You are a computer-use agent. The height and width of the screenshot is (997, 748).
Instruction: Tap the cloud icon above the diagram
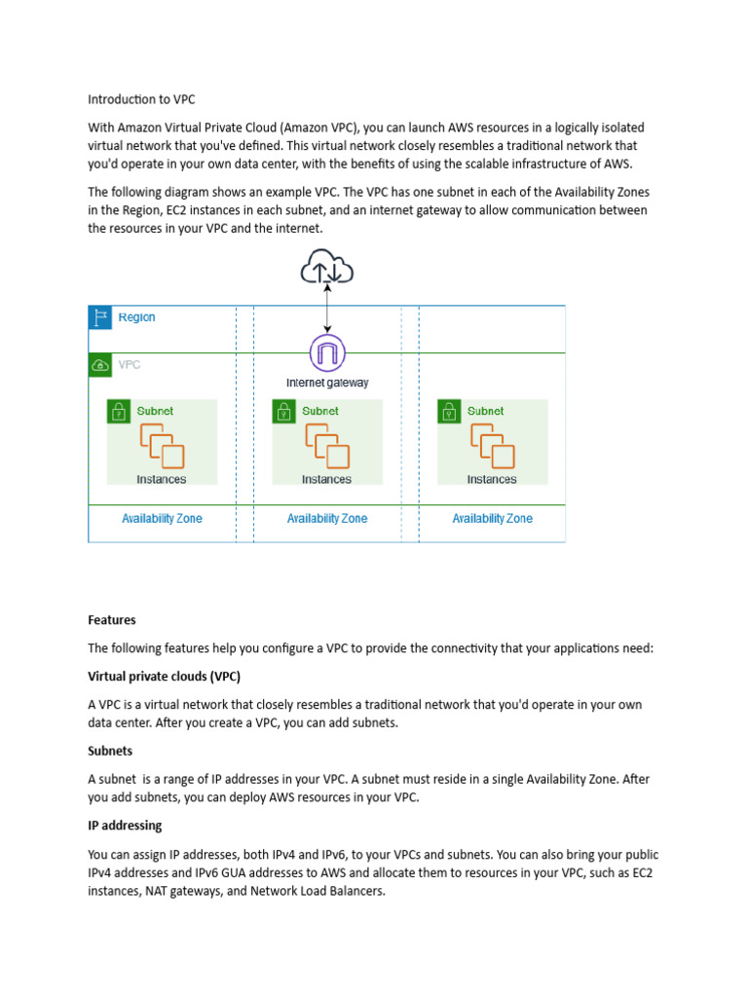(326, 266)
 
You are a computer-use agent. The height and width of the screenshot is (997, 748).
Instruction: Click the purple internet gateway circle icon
(326, 352)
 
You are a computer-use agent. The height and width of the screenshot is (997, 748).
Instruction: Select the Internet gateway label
(327, 383)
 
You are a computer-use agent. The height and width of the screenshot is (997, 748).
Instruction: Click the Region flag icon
(100, 317)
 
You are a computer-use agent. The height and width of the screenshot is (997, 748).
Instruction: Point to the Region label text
(136, 317)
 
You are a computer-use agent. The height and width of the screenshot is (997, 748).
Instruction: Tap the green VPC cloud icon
(100, 365)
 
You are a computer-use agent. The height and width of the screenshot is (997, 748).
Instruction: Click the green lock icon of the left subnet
(119, 411)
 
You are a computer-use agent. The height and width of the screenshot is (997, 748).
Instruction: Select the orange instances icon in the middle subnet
(326, 446)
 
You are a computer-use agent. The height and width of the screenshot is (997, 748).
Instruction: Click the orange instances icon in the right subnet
(492, 446)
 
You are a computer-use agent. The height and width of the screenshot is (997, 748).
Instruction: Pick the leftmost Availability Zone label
(162, 519)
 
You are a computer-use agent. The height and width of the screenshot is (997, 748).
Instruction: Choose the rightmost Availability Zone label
(492, 519)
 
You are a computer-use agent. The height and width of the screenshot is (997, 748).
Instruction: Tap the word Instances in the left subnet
(162, 479)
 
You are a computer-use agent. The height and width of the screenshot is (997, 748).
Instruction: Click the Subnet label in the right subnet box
(485, 411)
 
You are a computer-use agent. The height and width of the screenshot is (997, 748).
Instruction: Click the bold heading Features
(112, 620)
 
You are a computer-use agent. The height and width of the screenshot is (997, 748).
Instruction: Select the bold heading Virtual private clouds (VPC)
(164, 676)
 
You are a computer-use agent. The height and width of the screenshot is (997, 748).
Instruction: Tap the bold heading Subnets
(110, 751)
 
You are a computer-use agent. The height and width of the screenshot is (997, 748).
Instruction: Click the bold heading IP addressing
(125, 826)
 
